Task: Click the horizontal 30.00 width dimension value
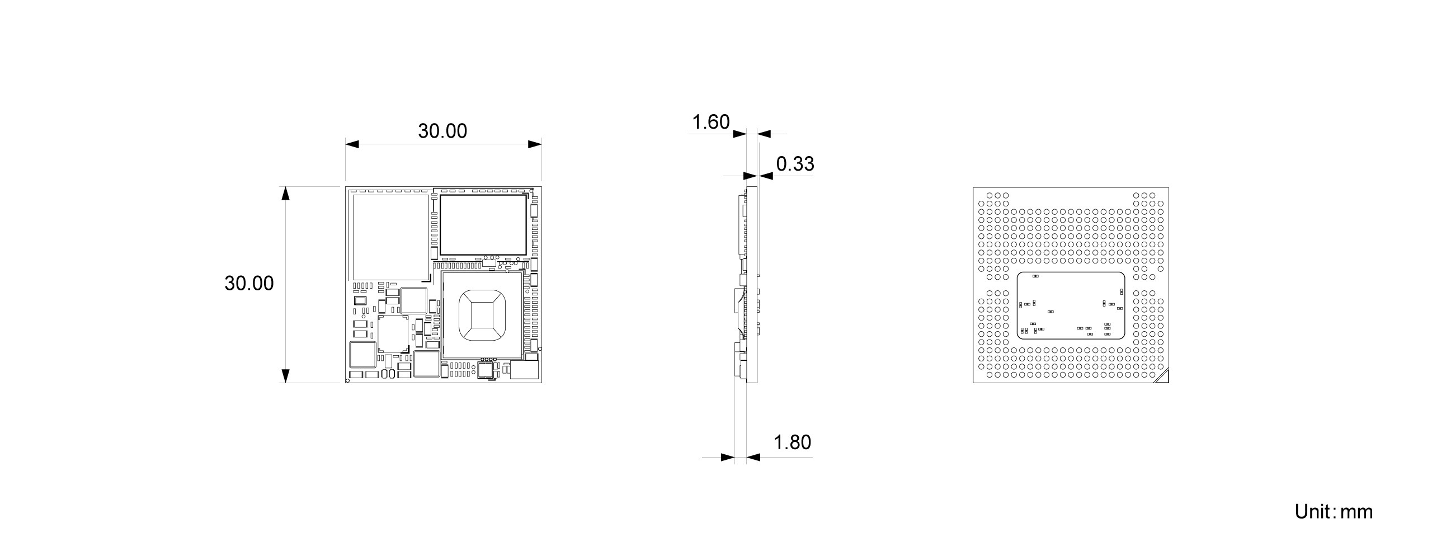442,131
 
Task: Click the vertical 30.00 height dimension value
249,284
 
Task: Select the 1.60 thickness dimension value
710,122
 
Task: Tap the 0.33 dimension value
795,164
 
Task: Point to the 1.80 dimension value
792,442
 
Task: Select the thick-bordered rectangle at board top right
483,224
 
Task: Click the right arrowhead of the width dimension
535,144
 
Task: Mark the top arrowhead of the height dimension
285,194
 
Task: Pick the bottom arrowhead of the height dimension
285,375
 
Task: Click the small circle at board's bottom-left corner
348,381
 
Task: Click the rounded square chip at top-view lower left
362,355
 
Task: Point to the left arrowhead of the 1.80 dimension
727,457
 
